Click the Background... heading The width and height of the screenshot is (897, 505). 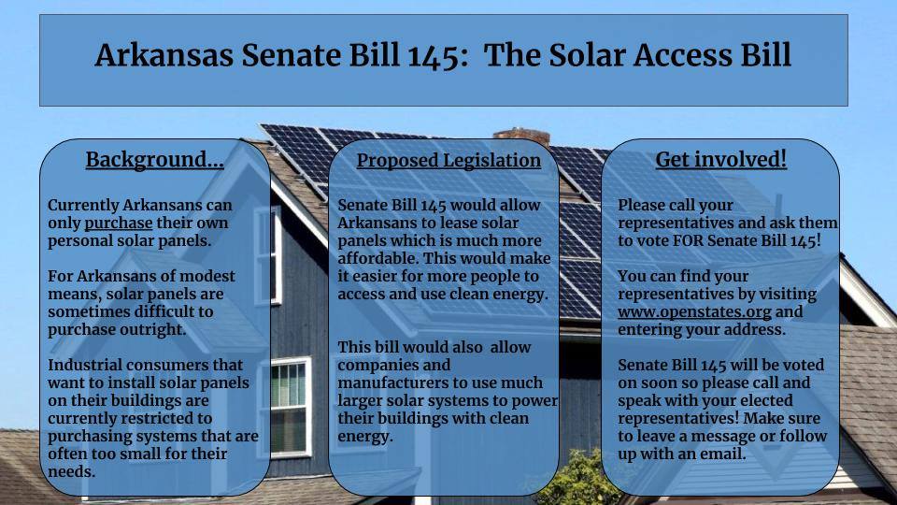coord(154,160)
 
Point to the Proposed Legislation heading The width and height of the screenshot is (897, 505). coord(448,160)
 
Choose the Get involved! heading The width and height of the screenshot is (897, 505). coord(720,160)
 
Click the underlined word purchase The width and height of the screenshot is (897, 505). coord(118,224)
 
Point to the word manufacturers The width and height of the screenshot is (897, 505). coord(394,382)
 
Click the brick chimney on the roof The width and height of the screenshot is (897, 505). coord(507,137)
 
